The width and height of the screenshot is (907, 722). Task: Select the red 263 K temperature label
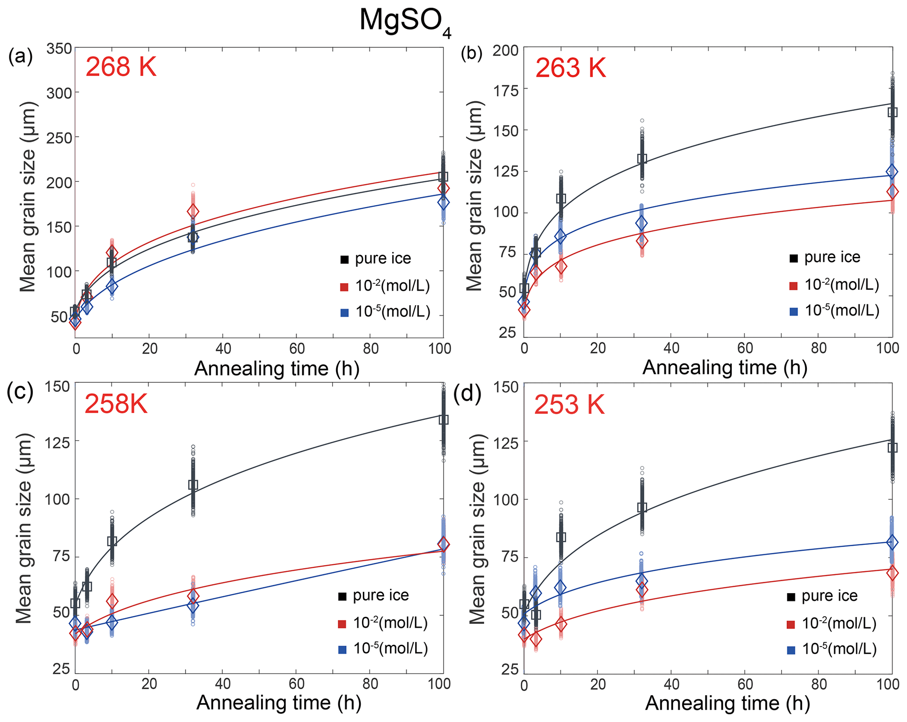[x=570, y=68]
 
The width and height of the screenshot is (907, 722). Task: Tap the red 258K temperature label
[x=116, y=403]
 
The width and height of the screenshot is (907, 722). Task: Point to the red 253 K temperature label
[x=569, y=404]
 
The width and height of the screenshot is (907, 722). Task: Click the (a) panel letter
[x=20, y=57]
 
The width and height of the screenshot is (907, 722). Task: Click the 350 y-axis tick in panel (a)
[x=59, y=48]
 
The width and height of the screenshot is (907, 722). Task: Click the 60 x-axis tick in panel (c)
[x=297, y=684]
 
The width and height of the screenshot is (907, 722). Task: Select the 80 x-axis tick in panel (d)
[x=818, y=685]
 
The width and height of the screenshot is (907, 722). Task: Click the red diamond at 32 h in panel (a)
[x=193, y=211]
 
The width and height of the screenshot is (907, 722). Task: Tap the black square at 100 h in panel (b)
[x=892, y=112]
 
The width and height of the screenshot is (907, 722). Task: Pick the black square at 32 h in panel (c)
[x=193, y=484]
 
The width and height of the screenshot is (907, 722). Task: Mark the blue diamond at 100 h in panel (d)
[x=892, y=542]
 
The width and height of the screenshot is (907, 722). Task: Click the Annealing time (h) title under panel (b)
[x=724, y=367]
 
